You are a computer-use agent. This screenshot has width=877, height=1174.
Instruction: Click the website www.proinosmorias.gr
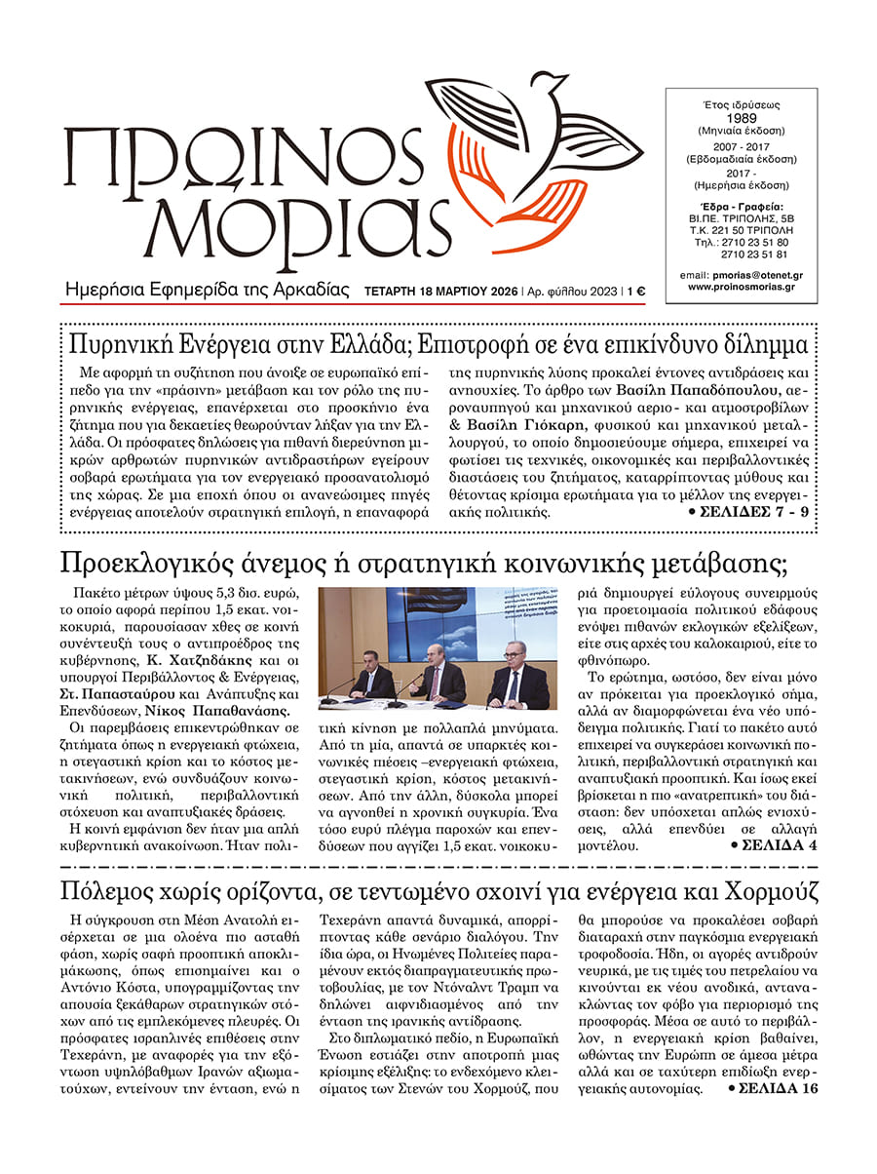[742, 287]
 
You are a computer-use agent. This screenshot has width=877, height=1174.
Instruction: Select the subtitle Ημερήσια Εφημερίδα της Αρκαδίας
[206, 290]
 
